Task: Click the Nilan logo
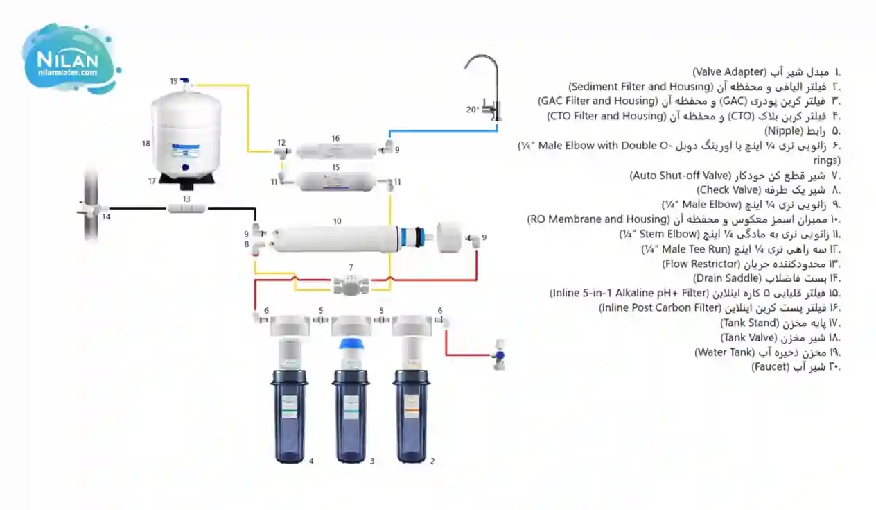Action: tap(69, 58)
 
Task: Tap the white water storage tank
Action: tap(186, 132)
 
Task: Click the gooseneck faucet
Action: tap(485, 83)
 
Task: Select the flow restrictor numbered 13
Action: tap(186, 207)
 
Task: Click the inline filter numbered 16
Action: tap(335, 150)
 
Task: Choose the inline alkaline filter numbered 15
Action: tap(335, 182)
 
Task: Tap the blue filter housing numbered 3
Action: tap(350, 416)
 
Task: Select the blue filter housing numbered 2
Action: tap(411, 416)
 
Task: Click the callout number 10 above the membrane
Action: tap(337, 221)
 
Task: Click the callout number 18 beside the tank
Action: tap(146, 144)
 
